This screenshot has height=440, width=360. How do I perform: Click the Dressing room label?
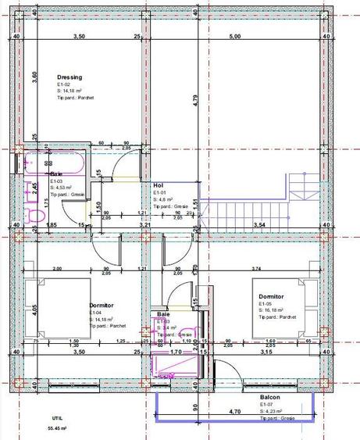pyautogui.click(x=70, y=77)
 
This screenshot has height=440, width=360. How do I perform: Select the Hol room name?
pyautogui.click(x=158, y=184)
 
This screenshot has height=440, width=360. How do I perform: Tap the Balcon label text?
pyautogui.click(x=270, y=397)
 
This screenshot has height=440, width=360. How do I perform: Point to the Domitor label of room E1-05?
pyautogui.click(x=273, y=297)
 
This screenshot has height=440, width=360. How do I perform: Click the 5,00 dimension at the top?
pyautogui.click(x=235, y=37)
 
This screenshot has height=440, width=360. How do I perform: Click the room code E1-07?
pyautogui.click(x=267, y=404)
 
